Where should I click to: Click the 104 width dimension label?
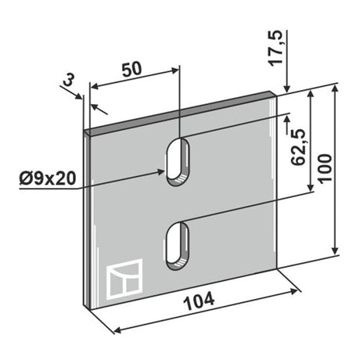tap(199, 301)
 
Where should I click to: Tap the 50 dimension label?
tap(132, 70)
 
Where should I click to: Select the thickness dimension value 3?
tap(69, 81)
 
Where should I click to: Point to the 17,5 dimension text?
tap(275, 48)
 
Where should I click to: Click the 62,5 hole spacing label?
tap(297, 147)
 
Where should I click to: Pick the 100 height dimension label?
tap(325, 168)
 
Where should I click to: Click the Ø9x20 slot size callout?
tap(48, 178)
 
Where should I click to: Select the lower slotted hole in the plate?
tap(178, 246)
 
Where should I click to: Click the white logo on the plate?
tap(124, 279)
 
